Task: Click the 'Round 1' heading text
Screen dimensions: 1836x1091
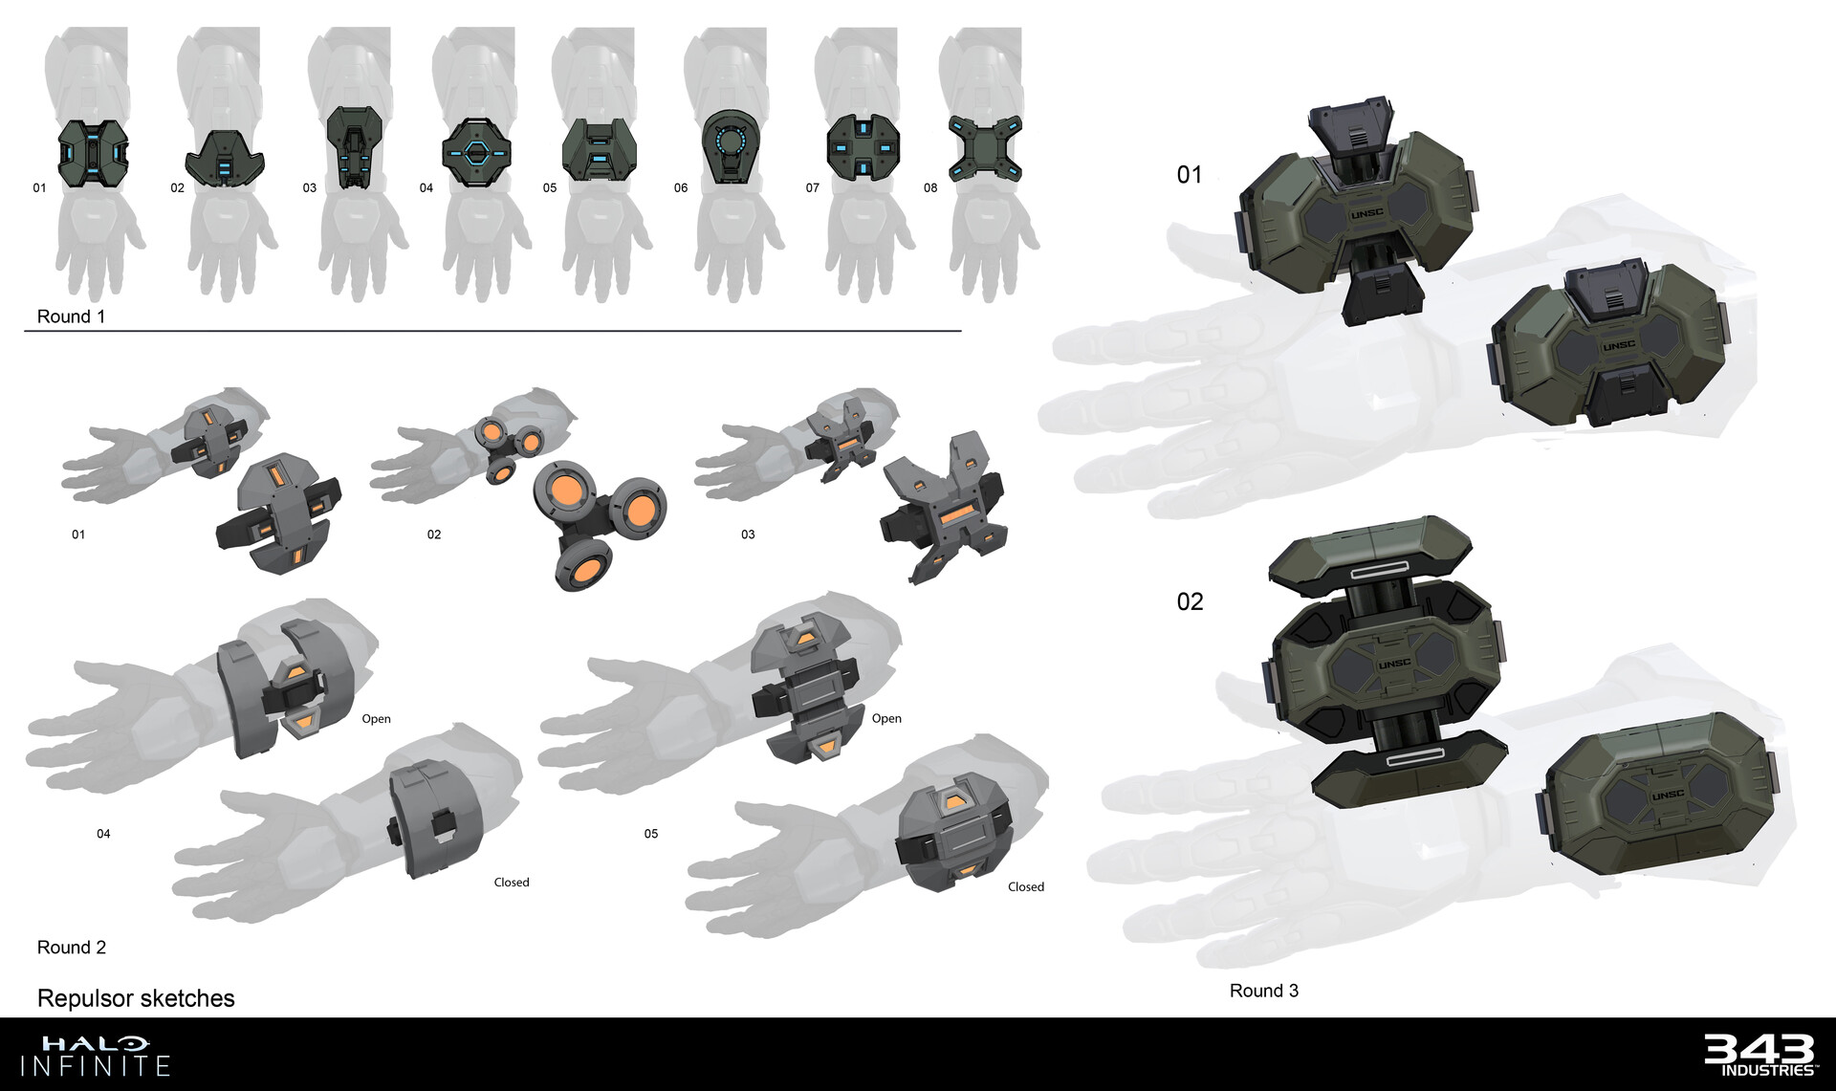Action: click(x=71, y=316)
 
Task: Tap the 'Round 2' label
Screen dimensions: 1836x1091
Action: click(x=72, y=948)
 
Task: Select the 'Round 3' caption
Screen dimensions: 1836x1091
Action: click(x=1264, y=991)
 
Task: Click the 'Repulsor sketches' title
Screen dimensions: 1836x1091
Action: click(x=136, y=998)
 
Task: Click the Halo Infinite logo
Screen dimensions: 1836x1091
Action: click(x=96, y=1056)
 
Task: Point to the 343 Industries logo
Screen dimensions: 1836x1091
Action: click(x=1760, y=1055)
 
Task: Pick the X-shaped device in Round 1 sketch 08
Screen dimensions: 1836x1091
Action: click(x=985, y=148)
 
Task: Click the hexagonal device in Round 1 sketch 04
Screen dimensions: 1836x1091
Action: click(x=476, y=151)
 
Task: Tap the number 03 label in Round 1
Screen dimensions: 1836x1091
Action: click(x=310, y=188)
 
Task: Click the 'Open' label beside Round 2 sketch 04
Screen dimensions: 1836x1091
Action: click(x=376, y=719)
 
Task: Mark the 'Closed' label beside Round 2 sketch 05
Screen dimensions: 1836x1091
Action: click(x=1026, y=887)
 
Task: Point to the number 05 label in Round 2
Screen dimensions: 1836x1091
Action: click(x=651, y=834)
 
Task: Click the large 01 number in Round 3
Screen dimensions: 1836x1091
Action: click(x=1190, y=175)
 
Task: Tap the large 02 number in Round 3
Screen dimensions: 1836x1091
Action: click(x=1190, y=601)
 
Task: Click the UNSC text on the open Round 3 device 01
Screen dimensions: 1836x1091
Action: click(x=1367, y=213)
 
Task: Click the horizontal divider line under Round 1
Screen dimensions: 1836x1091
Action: click(x=492, y=331)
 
